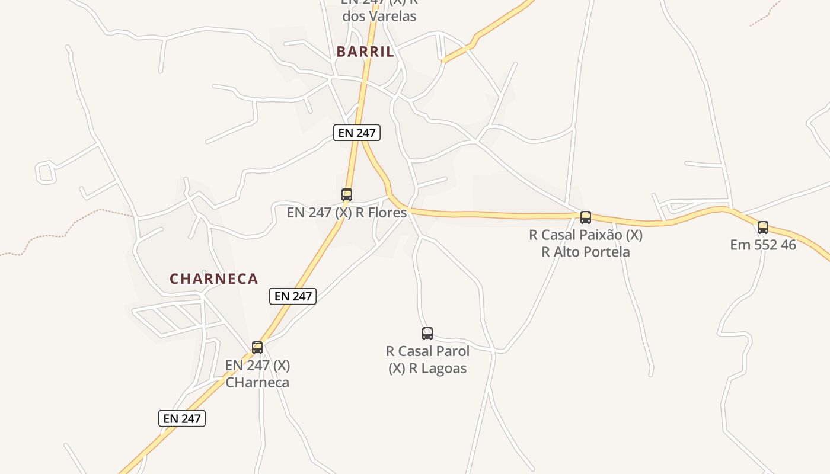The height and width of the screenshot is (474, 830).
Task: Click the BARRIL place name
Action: coord(365,52)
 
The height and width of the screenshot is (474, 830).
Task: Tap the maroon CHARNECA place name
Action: coord(214,278)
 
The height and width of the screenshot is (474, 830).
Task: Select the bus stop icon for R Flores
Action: coord(347,194)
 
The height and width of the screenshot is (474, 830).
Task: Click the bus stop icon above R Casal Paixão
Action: coord(586,217)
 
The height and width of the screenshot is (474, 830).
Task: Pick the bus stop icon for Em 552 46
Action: coord(763,227)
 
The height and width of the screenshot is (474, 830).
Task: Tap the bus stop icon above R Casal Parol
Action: coord(427,333)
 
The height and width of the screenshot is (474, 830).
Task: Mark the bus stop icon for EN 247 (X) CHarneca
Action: coord(257,347)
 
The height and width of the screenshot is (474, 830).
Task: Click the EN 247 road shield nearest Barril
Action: coord(356,133)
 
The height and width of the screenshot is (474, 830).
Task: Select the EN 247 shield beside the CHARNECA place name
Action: coord(293,296)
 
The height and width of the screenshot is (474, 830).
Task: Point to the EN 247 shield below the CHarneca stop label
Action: coord(182,418)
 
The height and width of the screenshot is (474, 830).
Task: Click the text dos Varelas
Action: coord(379,16)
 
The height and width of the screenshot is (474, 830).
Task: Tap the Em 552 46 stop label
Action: coord(763,244)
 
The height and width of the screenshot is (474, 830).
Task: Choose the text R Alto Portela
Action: coord(586,252)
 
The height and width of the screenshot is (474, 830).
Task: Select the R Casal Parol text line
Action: coord(427,351)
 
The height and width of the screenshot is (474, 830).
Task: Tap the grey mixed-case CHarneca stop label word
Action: coord(257,382)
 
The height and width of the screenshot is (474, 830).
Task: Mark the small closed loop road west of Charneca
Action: coord(45,172)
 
